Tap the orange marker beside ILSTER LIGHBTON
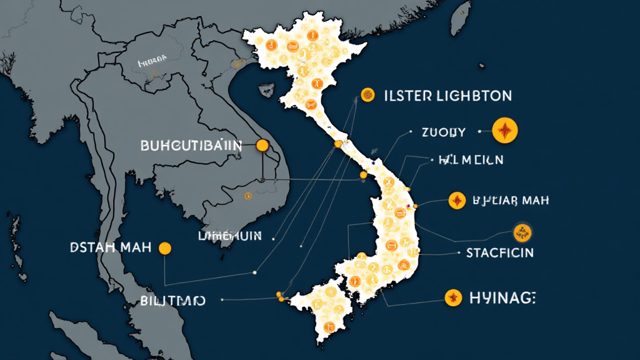[x=368, y=95]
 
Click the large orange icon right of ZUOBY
[x=505, y=131]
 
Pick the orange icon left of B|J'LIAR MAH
[x=457, y=201]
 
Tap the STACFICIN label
[x=499, y=252]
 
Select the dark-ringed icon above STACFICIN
[x=522, y=233]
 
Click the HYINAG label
[x=502, y=298]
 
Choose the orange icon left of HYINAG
[x=452, y=298]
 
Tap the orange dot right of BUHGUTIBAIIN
[x=262, y=146]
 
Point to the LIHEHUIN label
[x=228, y=236]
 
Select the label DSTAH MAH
[x=111, y=247]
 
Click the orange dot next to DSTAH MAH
[x=165, y=248]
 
